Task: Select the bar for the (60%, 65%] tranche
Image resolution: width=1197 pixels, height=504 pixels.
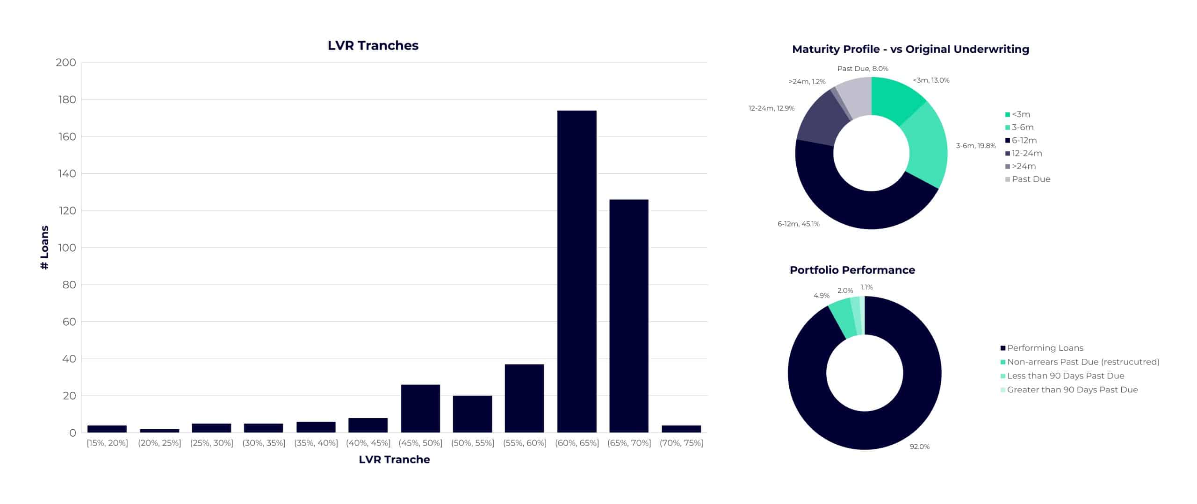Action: tap(577, 271)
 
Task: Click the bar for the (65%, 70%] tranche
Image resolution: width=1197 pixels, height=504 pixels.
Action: tap(628, 316)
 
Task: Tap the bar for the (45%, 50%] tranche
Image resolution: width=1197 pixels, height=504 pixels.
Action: tap(420, 408)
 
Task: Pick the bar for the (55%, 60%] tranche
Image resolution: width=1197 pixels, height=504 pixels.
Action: tap(524, 398)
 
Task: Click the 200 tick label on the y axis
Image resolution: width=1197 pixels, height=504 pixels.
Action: tap(66, 63)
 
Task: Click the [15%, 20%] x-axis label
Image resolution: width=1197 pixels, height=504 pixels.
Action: tap(107, 443)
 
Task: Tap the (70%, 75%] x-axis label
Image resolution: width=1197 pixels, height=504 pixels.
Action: tap(681, 443)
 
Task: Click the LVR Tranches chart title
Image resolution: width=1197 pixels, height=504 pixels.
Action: tap(373, 45)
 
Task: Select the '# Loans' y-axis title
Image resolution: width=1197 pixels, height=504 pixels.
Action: tap(45, 248)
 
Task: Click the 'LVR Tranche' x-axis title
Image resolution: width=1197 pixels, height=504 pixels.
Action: tap(394, 460)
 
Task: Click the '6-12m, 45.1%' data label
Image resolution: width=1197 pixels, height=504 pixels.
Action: tap(798, 224)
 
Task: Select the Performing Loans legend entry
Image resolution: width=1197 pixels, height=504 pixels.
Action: tap(1045, 348)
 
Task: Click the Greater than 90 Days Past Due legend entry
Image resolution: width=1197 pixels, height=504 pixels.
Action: tap(1072, 390)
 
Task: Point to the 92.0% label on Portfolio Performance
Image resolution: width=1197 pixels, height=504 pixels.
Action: tap(919, 447)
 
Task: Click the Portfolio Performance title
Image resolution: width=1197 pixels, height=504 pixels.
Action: tap(852, 270)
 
